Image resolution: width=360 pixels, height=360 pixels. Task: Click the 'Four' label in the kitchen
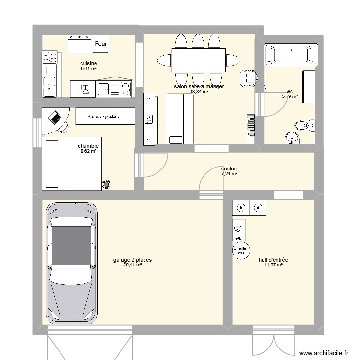coord(101,44)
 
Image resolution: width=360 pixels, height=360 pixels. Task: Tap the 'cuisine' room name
coord(89,63)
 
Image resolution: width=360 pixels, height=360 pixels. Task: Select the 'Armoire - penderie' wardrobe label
coord(104,116)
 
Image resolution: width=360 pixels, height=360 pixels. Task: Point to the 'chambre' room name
coord(88,146)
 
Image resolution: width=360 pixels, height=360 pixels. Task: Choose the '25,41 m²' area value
coord(132,265)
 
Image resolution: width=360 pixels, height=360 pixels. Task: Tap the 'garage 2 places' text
coord(132,260)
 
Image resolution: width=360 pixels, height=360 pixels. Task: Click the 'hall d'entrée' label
coord(273,260)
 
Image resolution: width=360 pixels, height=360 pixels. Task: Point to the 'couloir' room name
coord(229,168)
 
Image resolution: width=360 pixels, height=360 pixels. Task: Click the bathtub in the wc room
coord(291,55)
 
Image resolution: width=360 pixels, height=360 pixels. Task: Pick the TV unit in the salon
coord(150,119)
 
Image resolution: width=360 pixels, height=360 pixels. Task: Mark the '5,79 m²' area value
coord(289,96)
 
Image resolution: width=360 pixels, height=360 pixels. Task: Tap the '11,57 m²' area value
coord(273,265)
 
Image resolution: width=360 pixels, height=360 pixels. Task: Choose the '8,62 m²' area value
coord(88,151)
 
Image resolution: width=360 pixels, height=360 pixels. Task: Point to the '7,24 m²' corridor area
coord(229,174)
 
